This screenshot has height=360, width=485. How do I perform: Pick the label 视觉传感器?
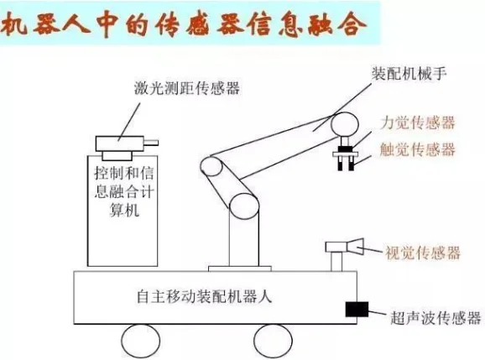tap(422, 252)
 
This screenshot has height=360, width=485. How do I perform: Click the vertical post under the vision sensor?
tap(336, 263)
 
